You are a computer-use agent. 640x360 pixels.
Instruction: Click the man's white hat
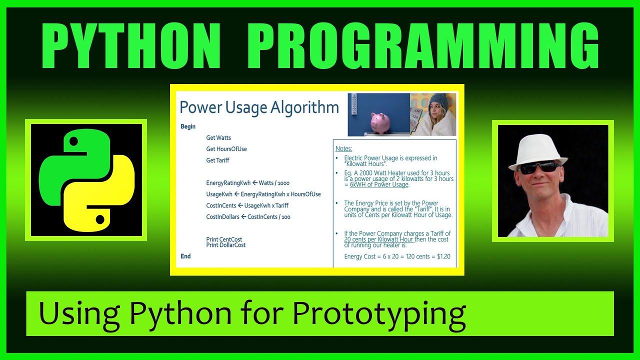point(539,150)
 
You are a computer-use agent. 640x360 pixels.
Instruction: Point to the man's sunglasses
point(539,167)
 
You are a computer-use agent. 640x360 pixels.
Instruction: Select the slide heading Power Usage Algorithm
point(259,107)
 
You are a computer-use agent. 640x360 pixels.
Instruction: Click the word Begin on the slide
point(188,126)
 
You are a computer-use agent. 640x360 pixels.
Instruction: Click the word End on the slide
point(185,256)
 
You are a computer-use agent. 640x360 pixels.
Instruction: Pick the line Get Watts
point(218,137)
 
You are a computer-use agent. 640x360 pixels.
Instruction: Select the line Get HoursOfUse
point(226,149)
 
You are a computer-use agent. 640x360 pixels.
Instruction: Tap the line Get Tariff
point(217,160)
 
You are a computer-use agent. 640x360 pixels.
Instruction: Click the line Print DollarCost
point(226,245)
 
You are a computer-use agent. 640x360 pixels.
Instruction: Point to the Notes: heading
point(343,148)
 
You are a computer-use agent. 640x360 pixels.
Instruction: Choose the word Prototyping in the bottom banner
point(379,313)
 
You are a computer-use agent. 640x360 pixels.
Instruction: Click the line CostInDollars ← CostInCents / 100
point(248,217)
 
